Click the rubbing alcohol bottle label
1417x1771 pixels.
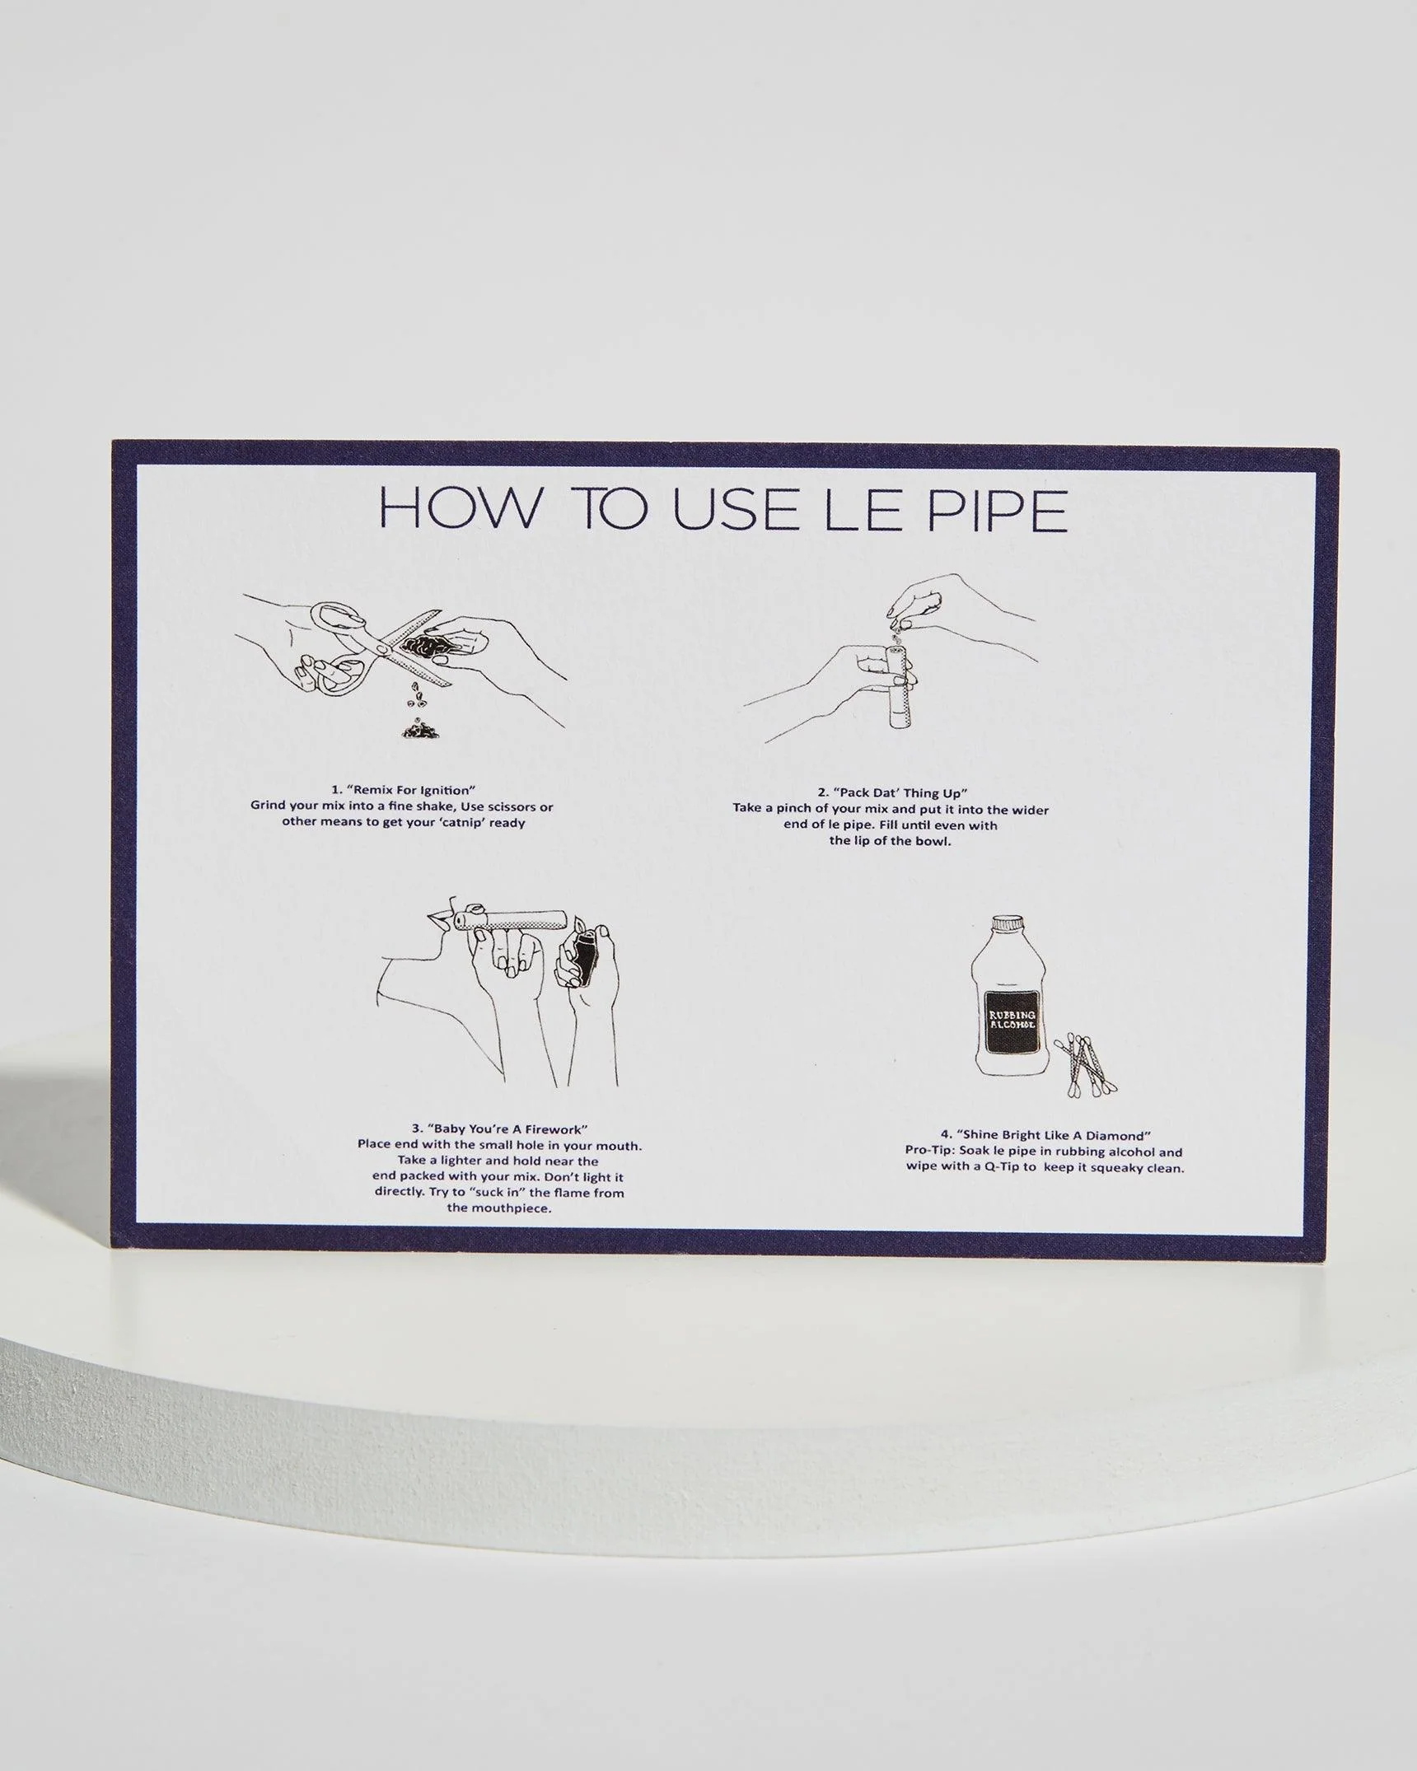[1012, 1021]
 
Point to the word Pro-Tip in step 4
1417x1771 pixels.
[931, 1152]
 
